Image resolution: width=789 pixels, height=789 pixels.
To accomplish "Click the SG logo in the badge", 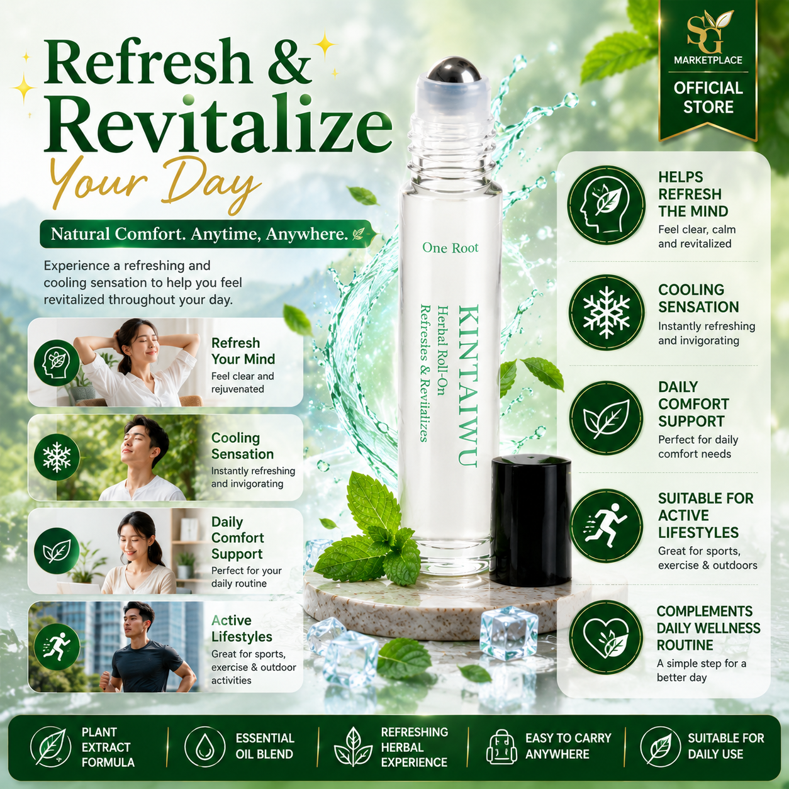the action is tap(708, 32).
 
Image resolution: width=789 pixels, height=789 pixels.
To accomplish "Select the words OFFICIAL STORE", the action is tap(708, 98).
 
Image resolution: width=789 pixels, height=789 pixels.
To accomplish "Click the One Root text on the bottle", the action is tap(450, 248).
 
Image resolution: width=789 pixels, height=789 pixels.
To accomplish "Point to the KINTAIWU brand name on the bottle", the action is tap(467, 386).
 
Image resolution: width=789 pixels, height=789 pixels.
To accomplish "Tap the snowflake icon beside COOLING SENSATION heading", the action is tap(607, 313).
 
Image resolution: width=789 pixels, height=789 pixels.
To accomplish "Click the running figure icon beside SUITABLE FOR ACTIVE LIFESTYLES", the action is tap(607, 525).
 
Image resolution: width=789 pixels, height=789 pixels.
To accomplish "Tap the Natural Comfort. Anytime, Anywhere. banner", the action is tap(208, 234).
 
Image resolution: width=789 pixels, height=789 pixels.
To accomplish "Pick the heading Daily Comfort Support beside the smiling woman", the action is tap(237, 537).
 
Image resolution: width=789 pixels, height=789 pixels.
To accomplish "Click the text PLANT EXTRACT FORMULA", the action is tap(107, 747).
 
